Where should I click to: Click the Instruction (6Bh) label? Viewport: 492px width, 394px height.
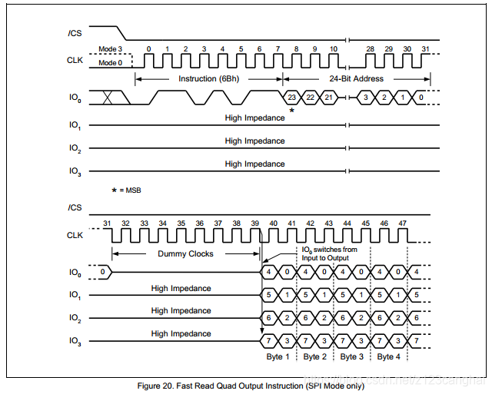(x=208, y=78)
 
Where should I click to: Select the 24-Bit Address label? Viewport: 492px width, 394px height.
(x=357, y=78)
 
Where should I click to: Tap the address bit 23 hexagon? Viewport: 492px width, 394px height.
(x=292, y=98)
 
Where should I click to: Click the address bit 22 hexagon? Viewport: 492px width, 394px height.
(x=310, y=98)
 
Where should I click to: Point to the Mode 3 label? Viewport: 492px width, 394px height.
(x=110, y=49)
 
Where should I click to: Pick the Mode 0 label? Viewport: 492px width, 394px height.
(x=110, y=63)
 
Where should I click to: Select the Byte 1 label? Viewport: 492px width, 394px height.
(x=278, y=356)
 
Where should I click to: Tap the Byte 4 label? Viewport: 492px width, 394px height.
(x=389, y=356)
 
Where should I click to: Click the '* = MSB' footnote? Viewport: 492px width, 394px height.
(x=126, y=190)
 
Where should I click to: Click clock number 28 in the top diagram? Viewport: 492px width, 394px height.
(x=371, y=48)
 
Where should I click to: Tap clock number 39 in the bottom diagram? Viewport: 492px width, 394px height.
(x=254, y=223)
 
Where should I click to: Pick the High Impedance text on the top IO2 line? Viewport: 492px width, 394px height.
(x=254, y=141)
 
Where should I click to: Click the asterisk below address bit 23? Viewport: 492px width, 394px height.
(x=291, y=111)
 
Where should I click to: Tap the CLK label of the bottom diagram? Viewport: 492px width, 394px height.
(x=75, y=235)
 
